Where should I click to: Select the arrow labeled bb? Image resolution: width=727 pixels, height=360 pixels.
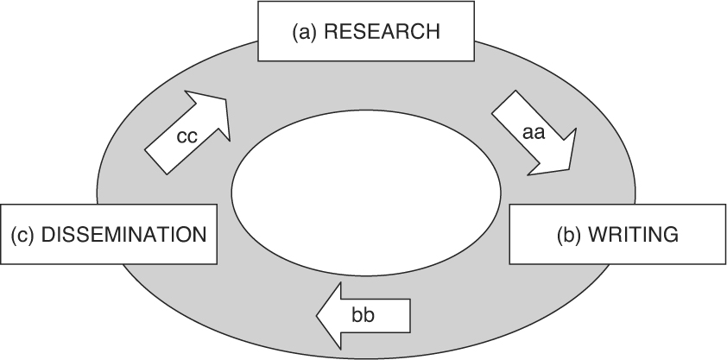click(x=363, y=312)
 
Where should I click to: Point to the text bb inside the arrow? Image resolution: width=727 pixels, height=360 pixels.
click(x=363, y=312)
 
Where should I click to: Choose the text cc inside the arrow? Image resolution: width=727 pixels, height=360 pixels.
click(x=187, y=137)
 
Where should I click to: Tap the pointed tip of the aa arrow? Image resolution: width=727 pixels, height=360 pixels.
click(x=572, y=167)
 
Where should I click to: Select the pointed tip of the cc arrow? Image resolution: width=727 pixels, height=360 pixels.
click(x=226, y=97)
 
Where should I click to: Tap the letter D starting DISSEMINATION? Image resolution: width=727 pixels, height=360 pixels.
click(x=47, y=234)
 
